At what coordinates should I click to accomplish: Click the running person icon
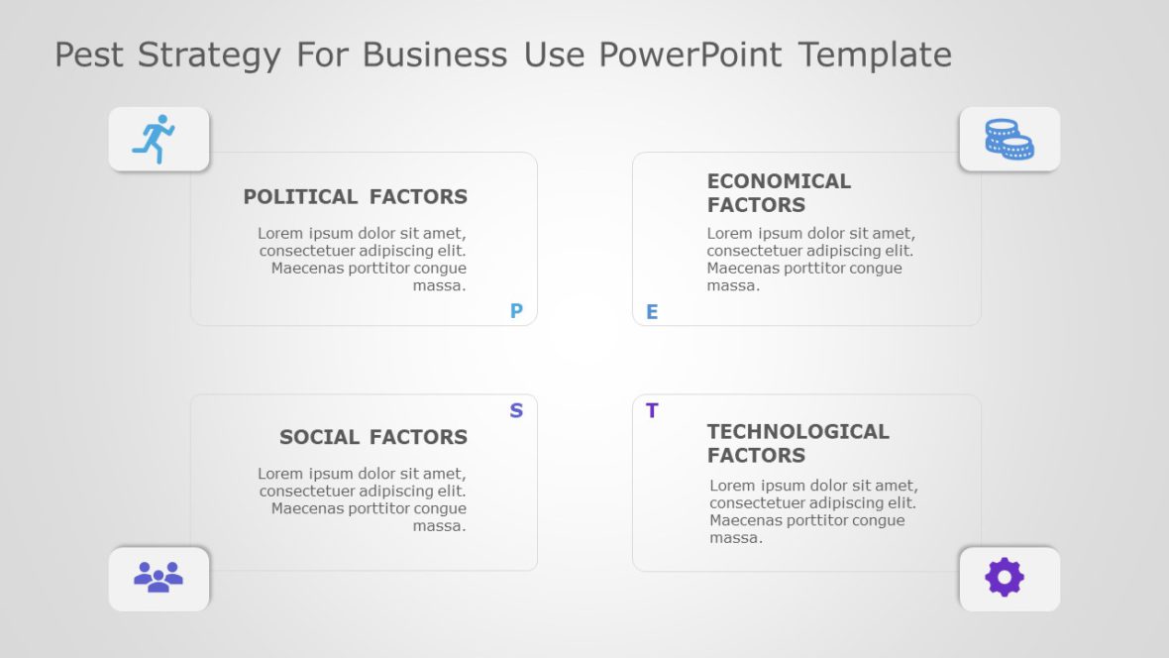tap(154, 139)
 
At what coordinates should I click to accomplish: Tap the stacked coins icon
tap(1009, 139)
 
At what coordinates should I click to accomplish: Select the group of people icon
tap(159, 577)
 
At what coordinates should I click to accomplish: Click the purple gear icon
tap(1005, 577)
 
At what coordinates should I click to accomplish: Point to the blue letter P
tap(516, 311)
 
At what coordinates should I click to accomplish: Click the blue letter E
tap(652, 313)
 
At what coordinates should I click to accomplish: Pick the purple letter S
tap(516, 411)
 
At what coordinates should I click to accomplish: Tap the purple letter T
tap(652, 411)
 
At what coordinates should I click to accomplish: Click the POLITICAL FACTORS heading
tap(355, 197)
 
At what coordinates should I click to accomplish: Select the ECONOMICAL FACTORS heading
tap(779, 193)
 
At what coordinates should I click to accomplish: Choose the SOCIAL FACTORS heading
tap(372, 437)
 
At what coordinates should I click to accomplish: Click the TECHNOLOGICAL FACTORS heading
tap(797, 444)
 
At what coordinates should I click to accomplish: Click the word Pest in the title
tap(90, 55)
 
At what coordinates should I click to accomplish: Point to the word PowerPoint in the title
tap(690, 55)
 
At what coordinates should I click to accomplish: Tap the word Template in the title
tap(875, 55)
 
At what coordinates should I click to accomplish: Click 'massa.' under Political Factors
tap(439, 286)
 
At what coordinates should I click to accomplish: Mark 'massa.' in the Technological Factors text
tap(736, 538)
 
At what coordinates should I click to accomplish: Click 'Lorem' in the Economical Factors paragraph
tap(730, 234)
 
